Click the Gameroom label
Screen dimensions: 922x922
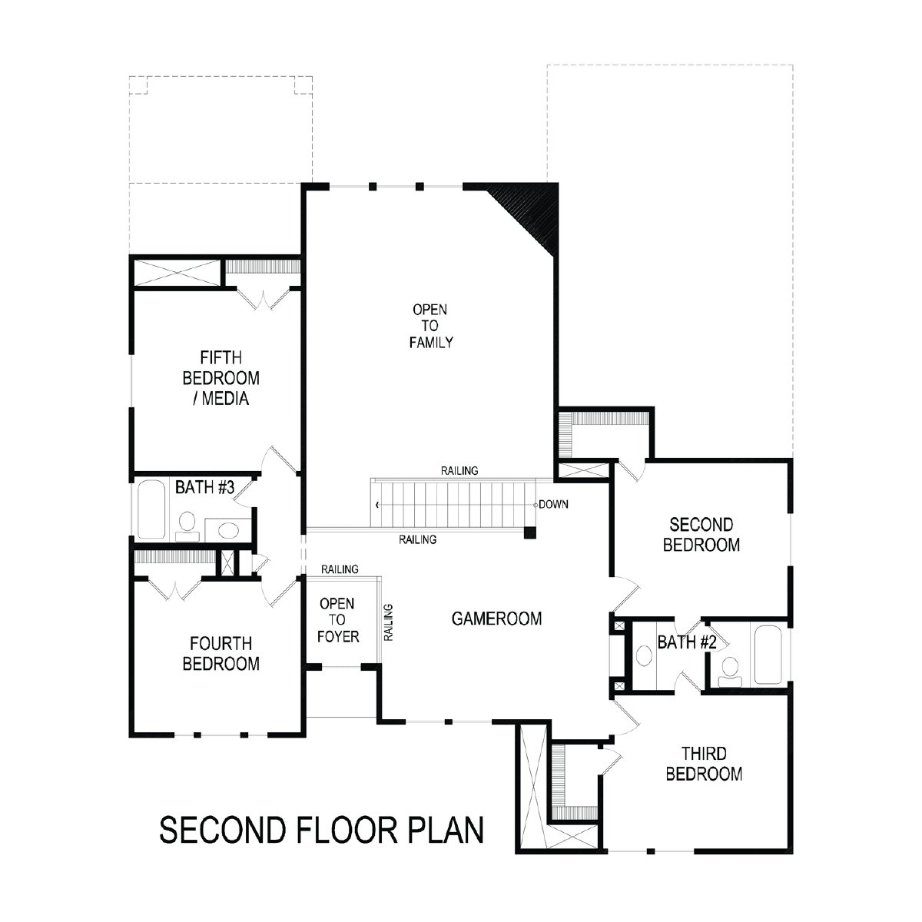pos(496,619)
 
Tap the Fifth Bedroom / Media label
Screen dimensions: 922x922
pos(221,378)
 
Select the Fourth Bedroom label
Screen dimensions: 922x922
pos(221,654)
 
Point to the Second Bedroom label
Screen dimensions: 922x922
pos(701,535)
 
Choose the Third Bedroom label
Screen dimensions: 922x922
pos(704,764)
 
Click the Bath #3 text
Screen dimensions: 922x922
pos(205,487)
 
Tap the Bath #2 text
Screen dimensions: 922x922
pos(687,642)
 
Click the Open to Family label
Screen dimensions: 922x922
pos(430,326)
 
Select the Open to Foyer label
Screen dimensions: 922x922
pos(338,620)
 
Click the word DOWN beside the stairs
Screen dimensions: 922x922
pos(553,504)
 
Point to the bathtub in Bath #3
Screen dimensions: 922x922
pos(151,509)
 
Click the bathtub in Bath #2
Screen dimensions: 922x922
pos(768,655)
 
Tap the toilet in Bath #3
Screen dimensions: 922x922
pos(187,526)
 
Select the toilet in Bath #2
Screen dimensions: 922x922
pos(730,672)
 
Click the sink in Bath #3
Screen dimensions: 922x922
pos(228,530)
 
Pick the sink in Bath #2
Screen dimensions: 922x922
pos(645,655)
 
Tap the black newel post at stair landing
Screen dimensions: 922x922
pos(529,532)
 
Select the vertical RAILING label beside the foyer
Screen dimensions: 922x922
pos(389,622)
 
